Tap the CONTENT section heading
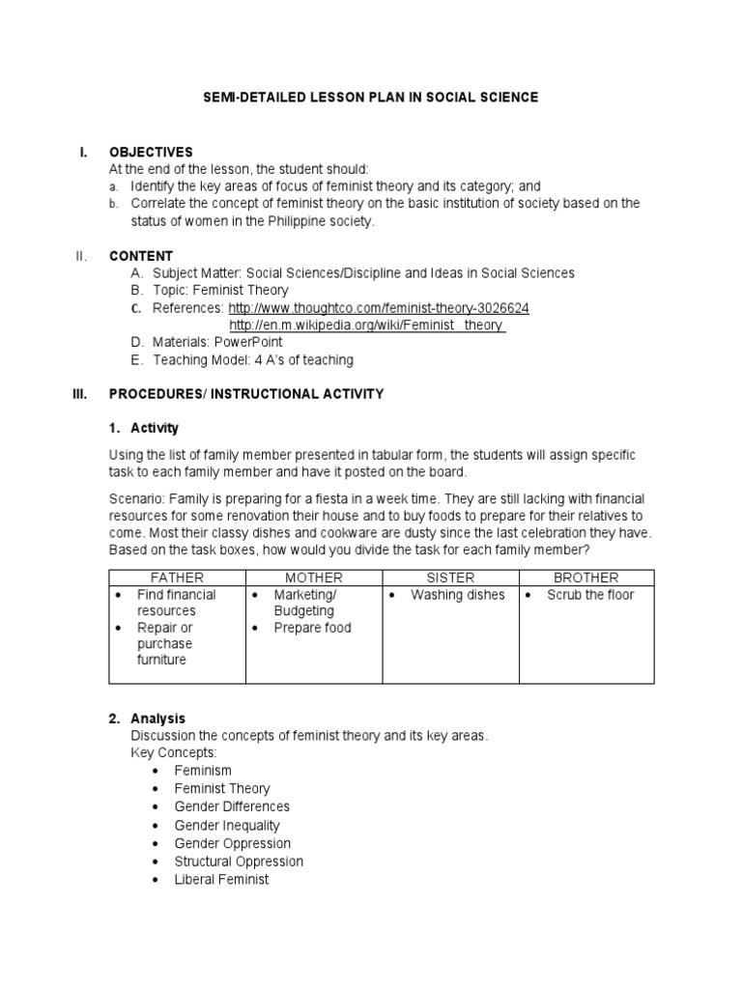click(141, 256)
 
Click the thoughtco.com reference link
click(378, 308)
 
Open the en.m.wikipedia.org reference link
click(367, 325)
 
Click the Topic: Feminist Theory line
click(220, 291)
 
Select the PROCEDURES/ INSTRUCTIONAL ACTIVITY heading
click(246, 394)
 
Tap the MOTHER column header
click(314, 578)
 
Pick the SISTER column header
click(450, 578)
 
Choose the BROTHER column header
click(586, 578)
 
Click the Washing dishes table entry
click(457, 595)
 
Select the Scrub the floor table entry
click(590, 595)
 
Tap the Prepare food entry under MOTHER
click(312, 628)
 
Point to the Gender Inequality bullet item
click(227, 825)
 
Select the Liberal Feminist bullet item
click(221, 879)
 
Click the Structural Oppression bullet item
click(239, 862)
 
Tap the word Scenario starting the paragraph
click(137, 498)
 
